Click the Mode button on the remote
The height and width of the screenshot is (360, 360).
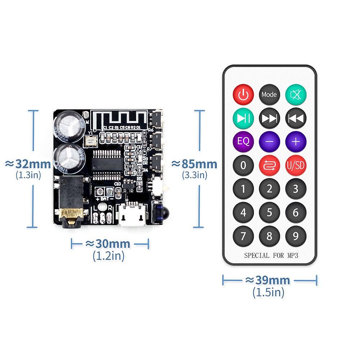point(269,94)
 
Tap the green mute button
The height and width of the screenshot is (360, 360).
point(296,94)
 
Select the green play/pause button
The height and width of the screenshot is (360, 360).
point(243,118)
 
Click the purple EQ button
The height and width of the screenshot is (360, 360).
point(243,141)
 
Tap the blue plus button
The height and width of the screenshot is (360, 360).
point(296,141)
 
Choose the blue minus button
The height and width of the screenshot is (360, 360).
point(269,141)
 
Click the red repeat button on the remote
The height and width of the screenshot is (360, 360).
point(269,165)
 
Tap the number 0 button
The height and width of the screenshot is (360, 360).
point(243,165)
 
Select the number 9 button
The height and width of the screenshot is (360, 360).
point(296,236)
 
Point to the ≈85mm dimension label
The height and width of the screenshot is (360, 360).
point(194,164)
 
